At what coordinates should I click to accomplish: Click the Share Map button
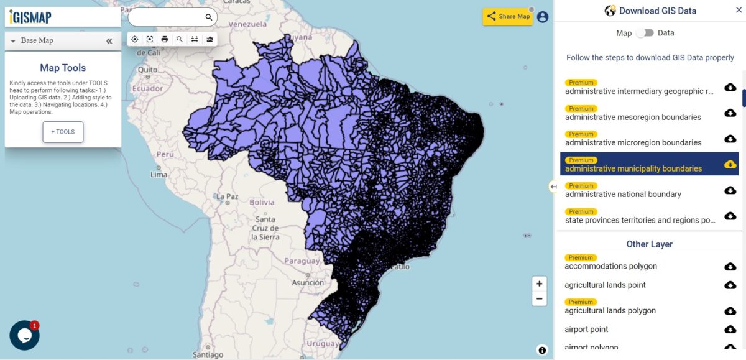[x=508, y=17]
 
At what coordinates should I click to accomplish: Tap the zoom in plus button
[x=539, y=284]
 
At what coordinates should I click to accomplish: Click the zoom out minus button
[x=539, y=298]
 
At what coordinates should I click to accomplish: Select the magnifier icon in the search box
[x=209, y=17]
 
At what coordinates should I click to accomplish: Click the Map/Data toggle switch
[x=645, y=33]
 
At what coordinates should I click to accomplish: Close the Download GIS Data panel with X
[x=739, y=11]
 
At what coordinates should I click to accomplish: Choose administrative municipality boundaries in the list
[x=633, y=168]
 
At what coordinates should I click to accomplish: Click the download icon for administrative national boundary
[x=730, y=190]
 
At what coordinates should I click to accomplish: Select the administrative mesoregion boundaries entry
[x=633, y=117]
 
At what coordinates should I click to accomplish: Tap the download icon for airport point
[x=730, y=330]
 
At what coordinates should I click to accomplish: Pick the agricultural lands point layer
[x=605, y=285]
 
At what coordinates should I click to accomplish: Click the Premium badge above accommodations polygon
[x=581, y=257]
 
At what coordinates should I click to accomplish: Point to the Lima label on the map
[x=159, y=175]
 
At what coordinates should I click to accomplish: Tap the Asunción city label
[x=308, y=282]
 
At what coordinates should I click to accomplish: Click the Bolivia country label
[x=262, y=202]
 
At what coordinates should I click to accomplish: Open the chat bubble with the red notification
[x=24, y=335]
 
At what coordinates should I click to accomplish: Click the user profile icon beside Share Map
[x=543, y=17]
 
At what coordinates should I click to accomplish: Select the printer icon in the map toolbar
[x=165, y=39]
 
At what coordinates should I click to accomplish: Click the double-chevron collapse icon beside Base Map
[x=109, y=41]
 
